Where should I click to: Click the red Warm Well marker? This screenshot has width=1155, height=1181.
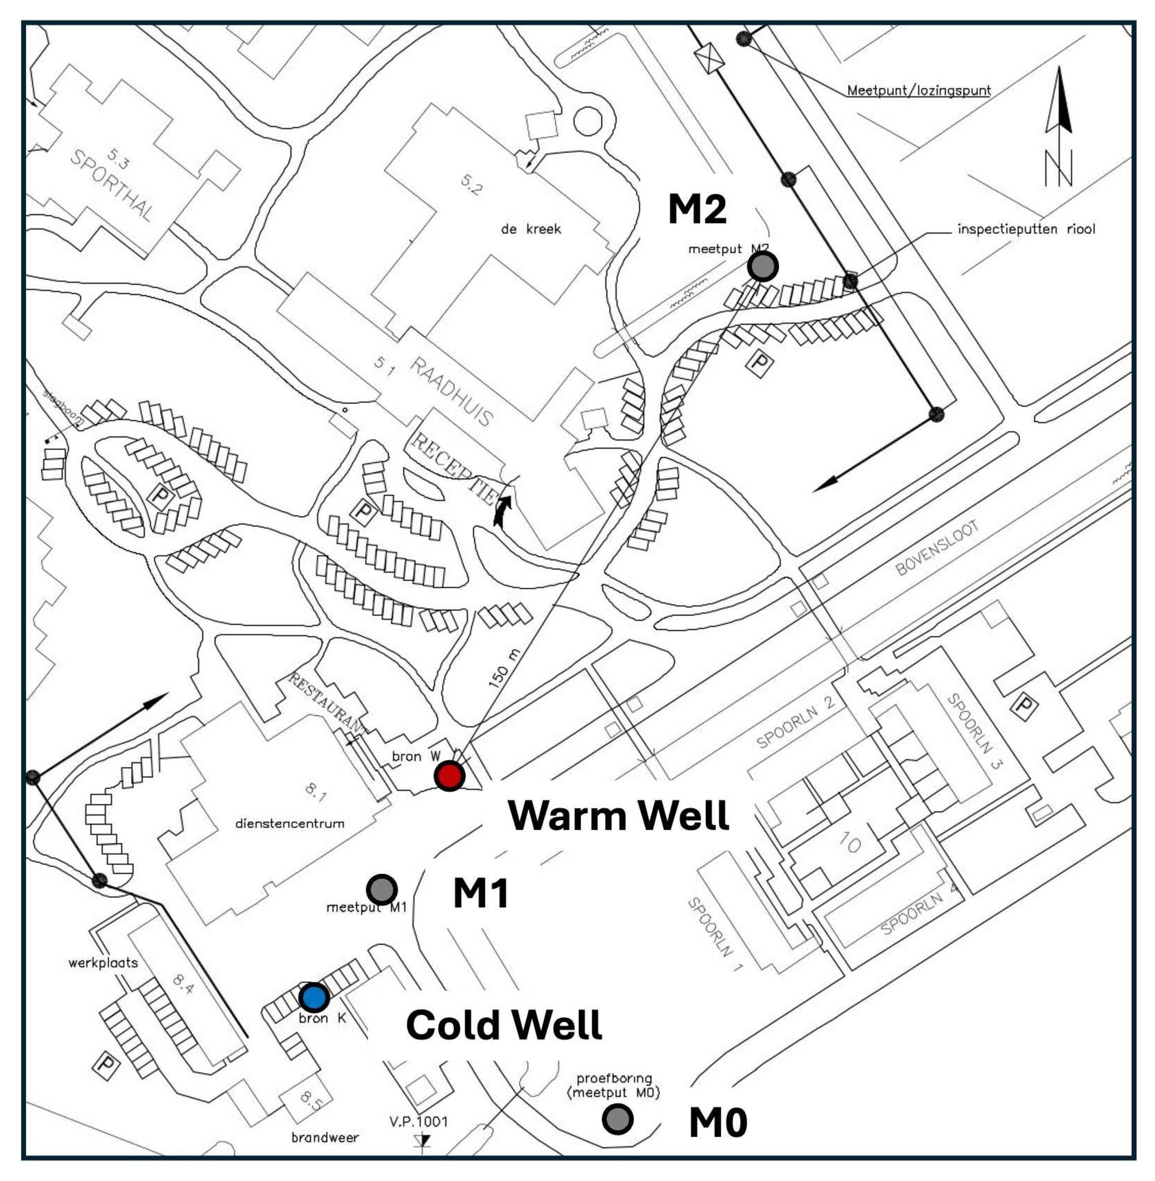click(x=449, y=776)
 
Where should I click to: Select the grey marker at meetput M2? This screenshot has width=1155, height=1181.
click(x=762, y=266)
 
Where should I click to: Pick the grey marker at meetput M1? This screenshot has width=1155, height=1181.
click(x=382, y=890)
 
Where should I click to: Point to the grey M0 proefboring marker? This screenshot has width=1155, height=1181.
click(x=618, y=1119)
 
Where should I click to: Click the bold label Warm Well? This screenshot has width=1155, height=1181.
click(x=618, y=815)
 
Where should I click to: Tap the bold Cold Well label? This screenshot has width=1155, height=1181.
click(x=504, y=1025)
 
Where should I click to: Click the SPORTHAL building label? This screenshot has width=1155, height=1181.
click(x=112, y=185)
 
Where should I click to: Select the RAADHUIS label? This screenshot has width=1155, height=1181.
click(x=452, y=391)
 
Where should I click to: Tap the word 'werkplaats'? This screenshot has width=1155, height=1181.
click(x=103, y=963)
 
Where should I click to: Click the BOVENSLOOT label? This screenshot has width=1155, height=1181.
click(x=937, y=548)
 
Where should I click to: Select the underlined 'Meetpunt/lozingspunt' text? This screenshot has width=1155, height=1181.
click(x=918, y=91)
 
